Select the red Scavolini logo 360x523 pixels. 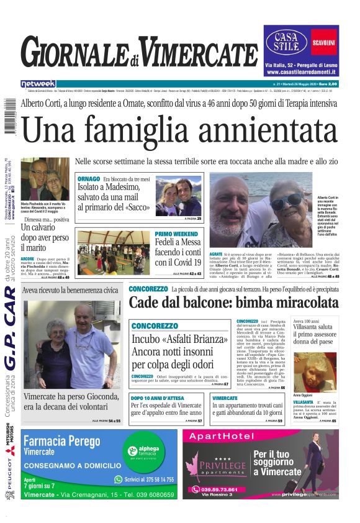tap(324, 42)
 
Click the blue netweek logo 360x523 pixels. tap(38, 84)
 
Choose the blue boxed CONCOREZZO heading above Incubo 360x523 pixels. tap(155, 326)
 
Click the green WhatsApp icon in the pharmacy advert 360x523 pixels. tap(119, 480)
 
